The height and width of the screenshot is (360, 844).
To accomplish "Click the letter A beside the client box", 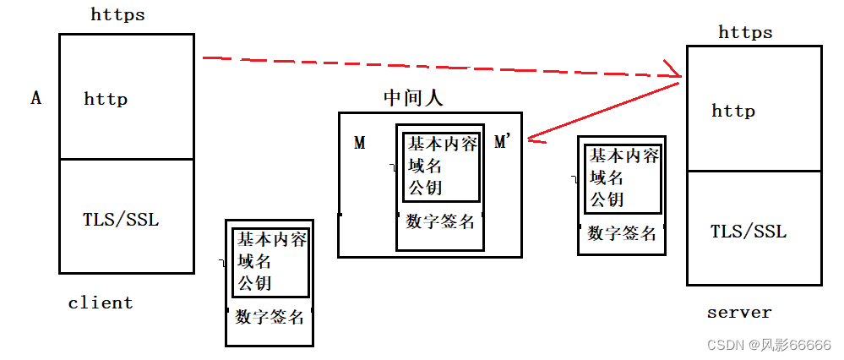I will click(36, 99).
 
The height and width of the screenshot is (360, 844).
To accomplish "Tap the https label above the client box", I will click(117, 14).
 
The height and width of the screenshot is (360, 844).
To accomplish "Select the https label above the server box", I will click(745, 33).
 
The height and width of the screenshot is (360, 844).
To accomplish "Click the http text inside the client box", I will click(106, 99).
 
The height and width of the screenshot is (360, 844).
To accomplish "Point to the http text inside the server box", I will click(732, 111).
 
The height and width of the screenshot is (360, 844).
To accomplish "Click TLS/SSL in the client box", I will click(121, 220).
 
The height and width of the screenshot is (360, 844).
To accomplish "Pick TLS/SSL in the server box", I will click(748, 232).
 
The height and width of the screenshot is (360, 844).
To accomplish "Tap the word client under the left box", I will click(101, 303).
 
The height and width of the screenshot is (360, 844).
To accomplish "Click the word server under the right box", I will click(739, 313).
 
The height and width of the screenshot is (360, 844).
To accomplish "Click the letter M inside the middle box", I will click(360, 144).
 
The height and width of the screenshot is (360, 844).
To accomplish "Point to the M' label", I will click(503, 142).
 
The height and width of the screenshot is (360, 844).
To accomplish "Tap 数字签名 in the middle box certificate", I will click(440, 222).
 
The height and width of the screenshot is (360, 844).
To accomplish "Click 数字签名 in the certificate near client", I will click(270, 318).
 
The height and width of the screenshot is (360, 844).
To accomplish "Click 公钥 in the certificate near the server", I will click(606, 199).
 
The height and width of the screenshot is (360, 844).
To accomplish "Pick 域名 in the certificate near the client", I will click(254, 261).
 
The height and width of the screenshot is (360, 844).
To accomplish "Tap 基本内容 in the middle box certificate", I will click(443, 144).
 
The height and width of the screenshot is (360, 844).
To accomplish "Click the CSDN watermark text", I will click(768, 345).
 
